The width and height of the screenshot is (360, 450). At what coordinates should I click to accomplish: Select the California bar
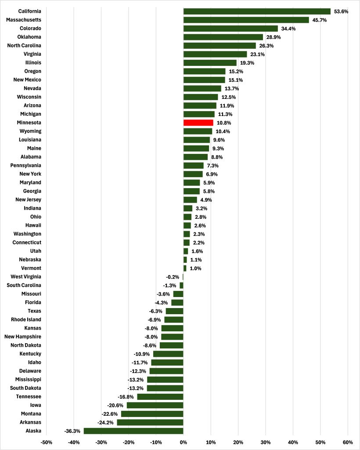point(257,11)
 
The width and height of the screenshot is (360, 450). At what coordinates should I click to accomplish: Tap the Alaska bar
point(133,431)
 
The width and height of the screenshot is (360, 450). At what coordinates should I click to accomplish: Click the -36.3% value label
point(72,431)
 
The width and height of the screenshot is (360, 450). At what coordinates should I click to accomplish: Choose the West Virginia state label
point(26,277)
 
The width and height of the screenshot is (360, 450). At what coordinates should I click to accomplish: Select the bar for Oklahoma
point(223,37)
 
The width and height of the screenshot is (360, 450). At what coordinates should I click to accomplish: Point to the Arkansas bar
point(150,422)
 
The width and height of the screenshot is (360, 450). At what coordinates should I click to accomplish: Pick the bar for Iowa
point(155,405)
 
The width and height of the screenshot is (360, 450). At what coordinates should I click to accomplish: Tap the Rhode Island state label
point(26,319)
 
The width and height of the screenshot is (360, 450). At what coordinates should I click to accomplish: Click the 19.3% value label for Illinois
point(246,63)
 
